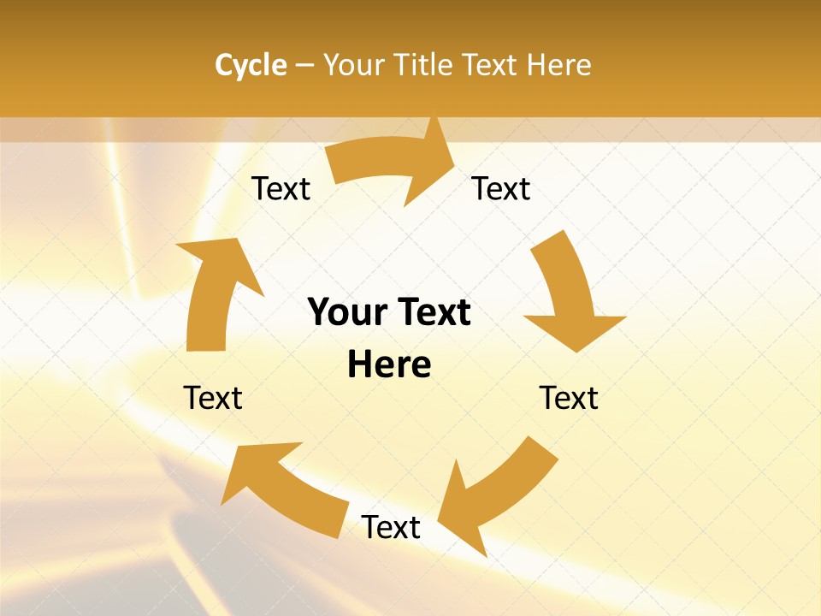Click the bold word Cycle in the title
point(251,65)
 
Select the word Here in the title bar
point(558,65)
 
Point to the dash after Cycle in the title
point(304,66)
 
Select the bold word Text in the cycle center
point(432,312)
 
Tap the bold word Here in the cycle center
point(389,364)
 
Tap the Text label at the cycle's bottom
point(391,527)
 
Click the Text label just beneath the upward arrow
point(213,398)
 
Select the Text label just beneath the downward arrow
point(569,398)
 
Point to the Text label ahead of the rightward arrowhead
point(501,188)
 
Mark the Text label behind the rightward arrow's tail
point(281,188)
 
